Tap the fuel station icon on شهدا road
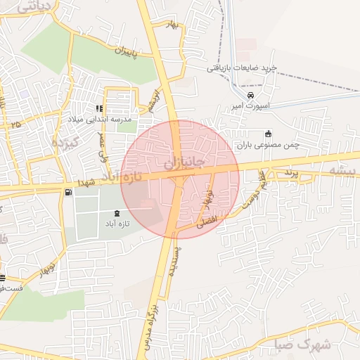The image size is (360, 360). pyautogui.click(x=67, y=193)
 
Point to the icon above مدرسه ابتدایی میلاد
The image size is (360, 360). pyautogui.click(x=99, y=108)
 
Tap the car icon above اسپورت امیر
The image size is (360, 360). pyautogui.click(x=250, y=96)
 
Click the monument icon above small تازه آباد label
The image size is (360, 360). pyautogui.click(x=116, y=213)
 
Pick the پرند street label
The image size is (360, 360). pyautogui.click(x=291, y=173)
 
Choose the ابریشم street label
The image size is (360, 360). pyautogui.click(x=153, y=101)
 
